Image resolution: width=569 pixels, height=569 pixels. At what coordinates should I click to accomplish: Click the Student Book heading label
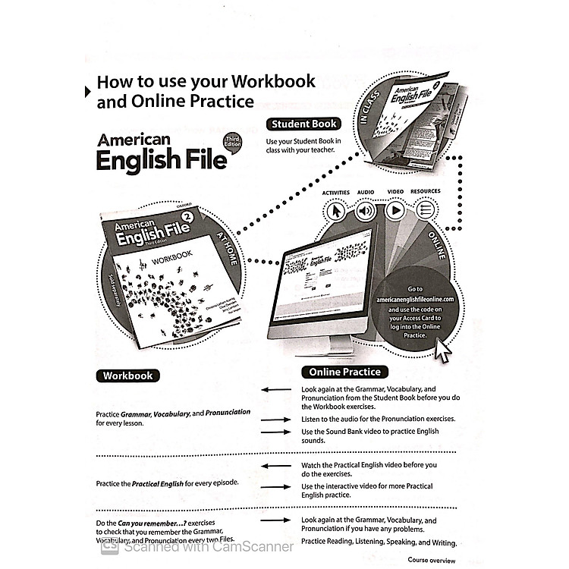tap(303, 124)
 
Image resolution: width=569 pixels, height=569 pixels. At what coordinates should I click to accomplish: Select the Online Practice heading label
tap(344, 372)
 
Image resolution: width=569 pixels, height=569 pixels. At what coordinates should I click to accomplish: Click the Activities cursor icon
tap(335, 210)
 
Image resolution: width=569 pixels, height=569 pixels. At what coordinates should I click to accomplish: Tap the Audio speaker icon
tap(366, 210)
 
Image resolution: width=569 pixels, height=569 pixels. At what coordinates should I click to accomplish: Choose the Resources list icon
tap(426, 210)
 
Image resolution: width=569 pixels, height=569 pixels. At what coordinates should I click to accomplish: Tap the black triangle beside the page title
tap(85, 92)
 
